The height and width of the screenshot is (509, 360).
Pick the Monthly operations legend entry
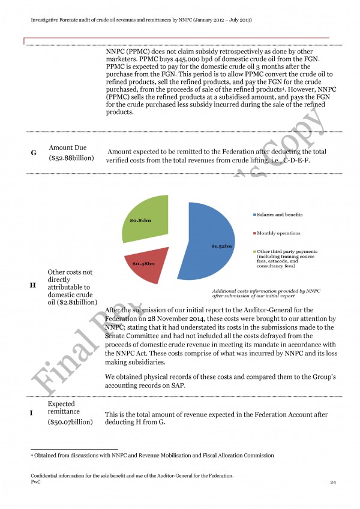pos(278,233)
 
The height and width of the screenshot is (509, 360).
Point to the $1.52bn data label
pos(221,246)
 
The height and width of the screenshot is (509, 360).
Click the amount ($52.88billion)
pos(71,159)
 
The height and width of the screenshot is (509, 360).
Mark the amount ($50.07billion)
pos(71,422)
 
